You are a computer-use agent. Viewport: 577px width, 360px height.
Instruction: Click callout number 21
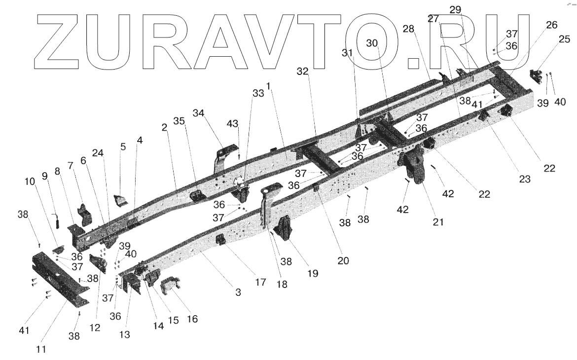(x=438, y=222)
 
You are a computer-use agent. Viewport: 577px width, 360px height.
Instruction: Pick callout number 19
(x=313, y=273)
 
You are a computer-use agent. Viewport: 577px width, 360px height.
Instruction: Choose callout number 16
(x=192, y=319)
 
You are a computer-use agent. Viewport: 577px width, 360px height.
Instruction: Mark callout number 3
(x=238, y=292)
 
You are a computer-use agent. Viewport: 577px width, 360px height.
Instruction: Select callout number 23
(x=524, y=180)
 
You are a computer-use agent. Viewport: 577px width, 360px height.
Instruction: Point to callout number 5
(x=123, y=146)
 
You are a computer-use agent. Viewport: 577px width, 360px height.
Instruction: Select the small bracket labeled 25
(x=536, y=76)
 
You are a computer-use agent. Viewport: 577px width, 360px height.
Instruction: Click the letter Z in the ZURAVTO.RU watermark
(x=54, y=42)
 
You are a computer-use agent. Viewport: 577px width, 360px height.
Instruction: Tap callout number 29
(x=455, y=9)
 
